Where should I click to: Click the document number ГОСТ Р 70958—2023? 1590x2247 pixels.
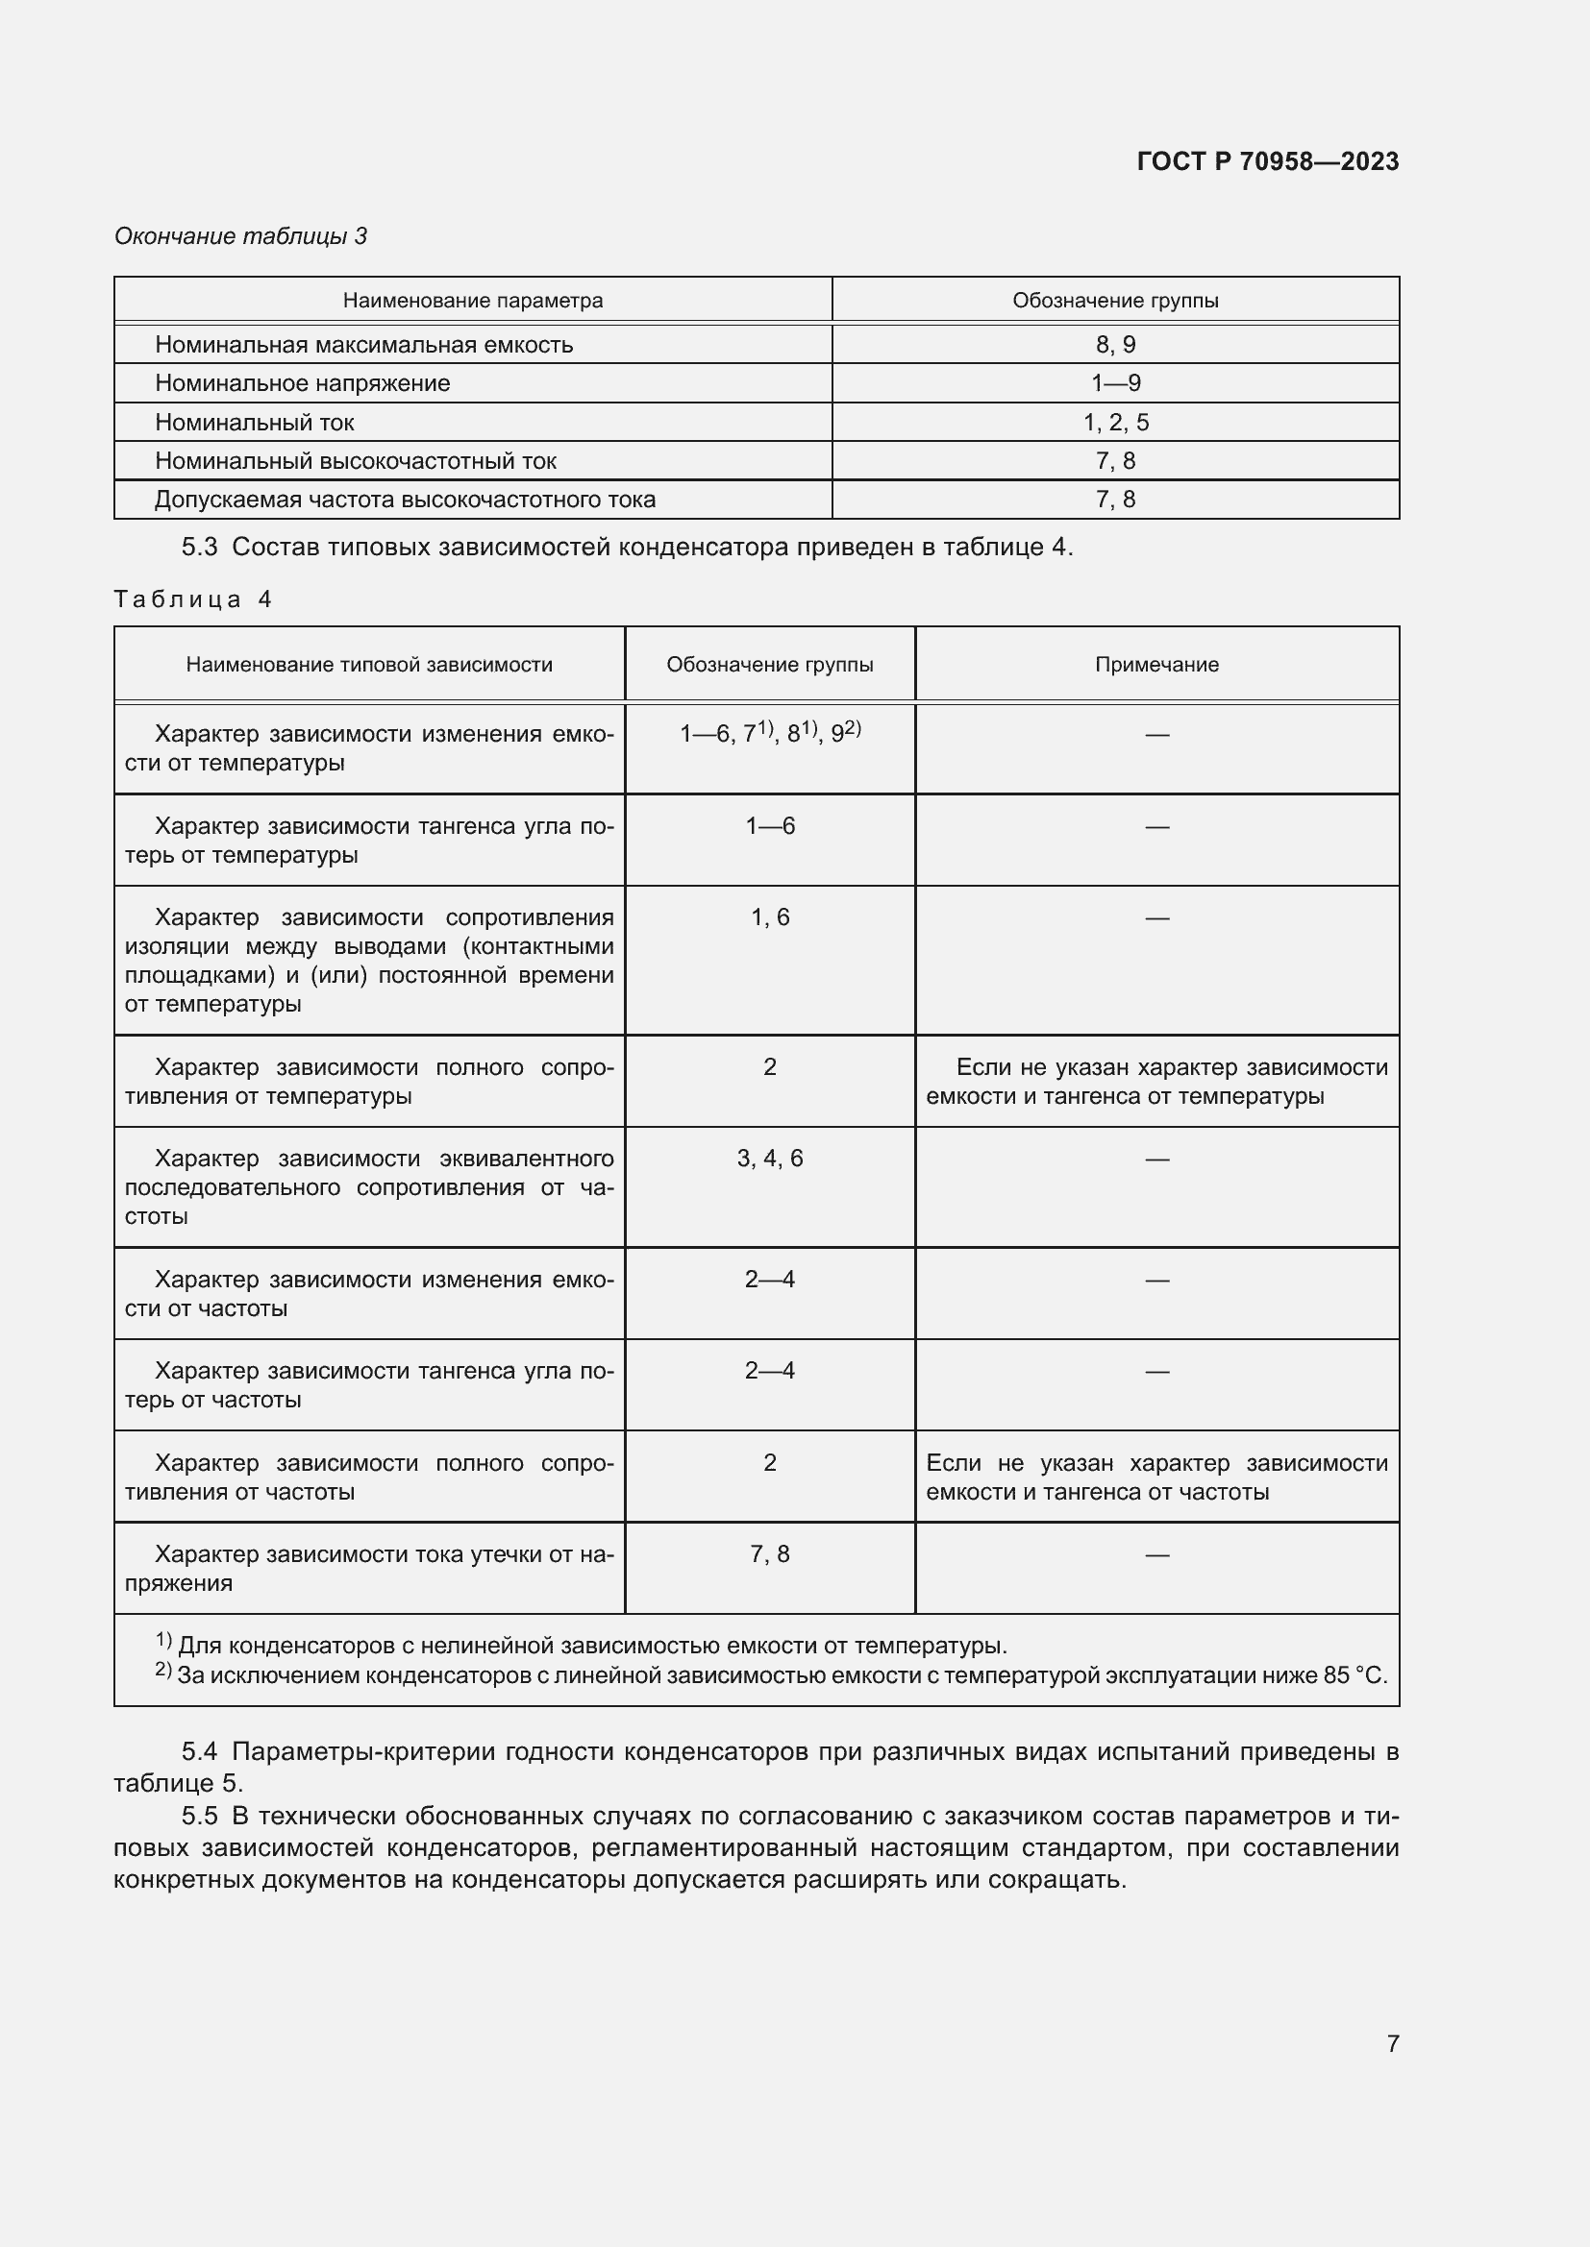click(1267, 161)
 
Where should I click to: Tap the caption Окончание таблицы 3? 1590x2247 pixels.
click(241, 236)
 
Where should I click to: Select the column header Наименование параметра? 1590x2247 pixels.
click(472, 301)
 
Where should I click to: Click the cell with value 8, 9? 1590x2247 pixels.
click(1115, 345)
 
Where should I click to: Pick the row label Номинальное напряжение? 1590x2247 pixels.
click(302, 383)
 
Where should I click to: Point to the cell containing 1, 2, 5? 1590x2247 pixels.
click(1115, 423)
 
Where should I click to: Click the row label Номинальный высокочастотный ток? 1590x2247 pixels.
click(356, 461)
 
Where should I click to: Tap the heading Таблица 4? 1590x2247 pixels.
click(192, 598)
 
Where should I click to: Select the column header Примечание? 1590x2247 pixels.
click(1156, 665)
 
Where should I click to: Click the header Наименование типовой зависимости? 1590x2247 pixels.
click(369, 665)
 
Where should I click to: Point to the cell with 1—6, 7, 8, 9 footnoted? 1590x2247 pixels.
click(770, 733)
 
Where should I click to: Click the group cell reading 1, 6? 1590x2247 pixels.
click(770, 917)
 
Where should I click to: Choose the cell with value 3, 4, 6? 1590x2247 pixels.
click(770, 1158)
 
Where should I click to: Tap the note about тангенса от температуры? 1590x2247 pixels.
click(1156, 1082)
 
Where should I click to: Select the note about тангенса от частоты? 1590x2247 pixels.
click(1156, 1477)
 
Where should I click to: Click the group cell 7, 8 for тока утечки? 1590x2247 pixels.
click(770, 1554)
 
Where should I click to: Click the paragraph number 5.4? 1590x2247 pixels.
click(199, 1751)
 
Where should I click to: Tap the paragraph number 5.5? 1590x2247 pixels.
click(199, 1816)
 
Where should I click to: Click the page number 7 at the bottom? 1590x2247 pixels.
click(1392, 2043)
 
